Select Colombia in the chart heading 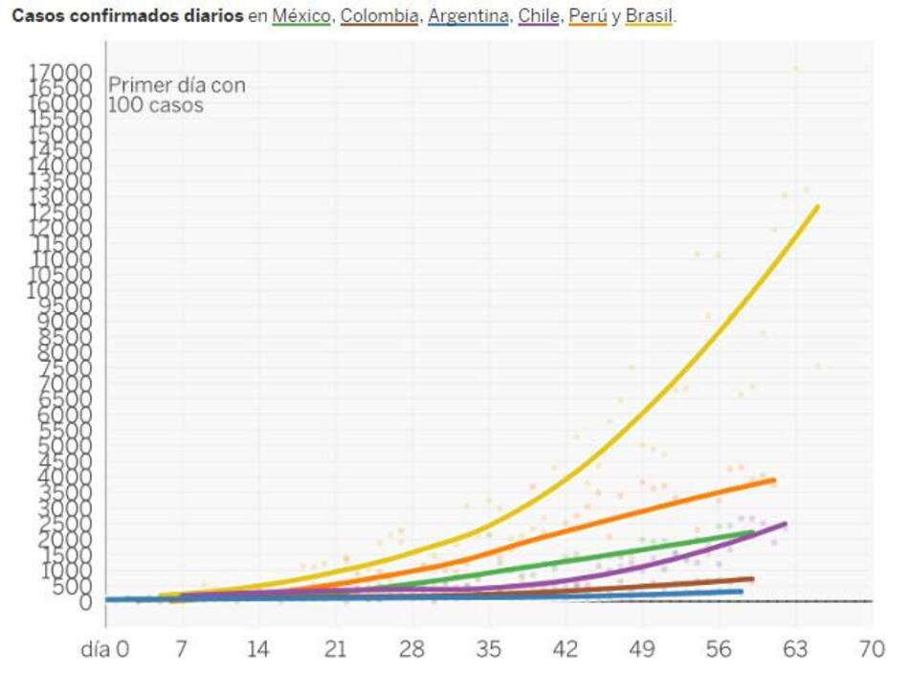coord(379,17)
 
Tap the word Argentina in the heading coord(467,17)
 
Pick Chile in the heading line coord(539,17)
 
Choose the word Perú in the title coord(588,17)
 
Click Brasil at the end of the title coord(650,17)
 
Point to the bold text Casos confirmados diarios coord(126,17)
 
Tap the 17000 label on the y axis coord(60,72)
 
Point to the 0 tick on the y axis coord(87,602)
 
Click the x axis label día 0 coord(106,649)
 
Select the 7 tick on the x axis coord(181,649)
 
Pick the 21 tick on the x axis coord(335,649)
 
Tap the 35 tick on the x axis coord(488,649)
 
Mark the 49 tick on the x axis coord(642,649)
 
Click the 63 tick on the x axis coord(796,649)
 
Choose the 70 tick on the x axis coord(872,649)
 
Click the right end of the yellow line coord(817,207)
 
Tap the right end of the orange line coord(773,480)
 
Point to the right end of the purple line coord(785,524)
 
